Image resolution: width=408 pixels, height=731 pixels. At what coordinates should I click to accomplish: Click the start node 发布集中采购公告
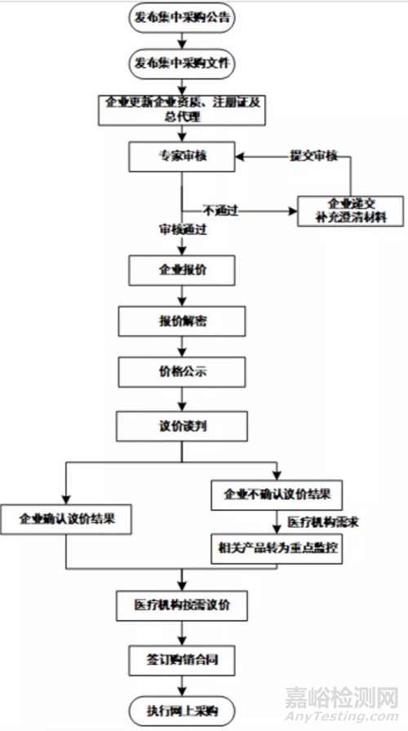click(181, 16)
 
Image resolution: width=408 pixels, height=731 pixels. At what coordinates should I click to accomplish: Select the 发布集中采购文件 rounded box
click(181, 63)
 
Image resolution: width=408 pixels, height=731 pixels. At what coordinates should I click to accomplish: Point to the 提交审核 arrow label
click(314, 155)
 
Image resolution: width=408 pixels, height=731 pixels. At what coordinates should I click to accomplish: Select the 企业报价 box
click(181, 268)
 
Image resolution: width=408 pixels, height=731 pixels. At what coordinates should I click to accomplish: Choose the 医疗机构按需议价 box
click(181, 605)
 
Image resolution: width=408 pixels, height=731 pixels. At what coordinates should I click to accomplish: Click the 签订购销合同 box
click(181, 657)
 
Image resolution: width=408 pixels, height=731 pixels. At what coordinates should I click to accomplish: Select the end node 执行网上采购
click(181, 707)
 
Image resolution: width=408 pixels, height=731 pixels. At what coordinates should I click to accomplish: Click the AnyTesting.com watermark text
click(343, 717)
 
